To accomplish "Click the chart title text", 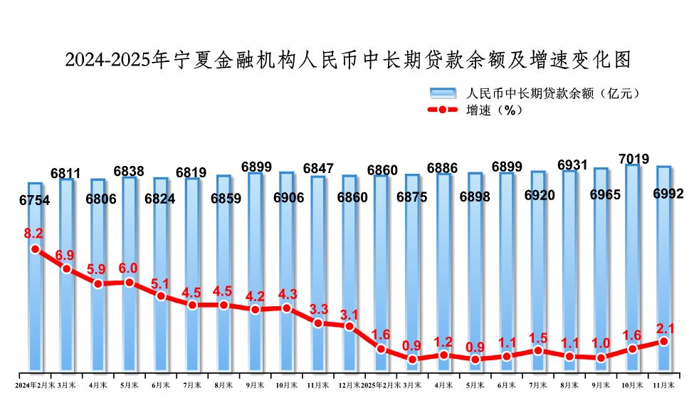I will click(x=348, y=60).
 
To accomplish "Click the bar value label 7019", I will click(x=633, y=158).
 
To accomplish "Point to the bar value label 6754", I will click(x=34, y=201).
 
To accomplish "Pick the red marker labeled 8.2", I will click(x=35, y=249).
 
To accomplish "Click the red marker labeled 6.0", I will click(x=129, y=283).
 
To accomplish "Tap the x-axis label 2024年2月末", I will click(x=35, y=385).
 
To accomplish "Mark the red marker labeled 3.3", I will click(x=317, y=323).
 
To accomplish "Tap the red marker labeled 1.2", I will click(x=443, y=355).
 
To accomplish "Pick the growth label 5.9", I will click(x=98, y=270).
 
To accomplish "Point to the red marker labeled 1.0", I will click(x=601, y=357).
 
